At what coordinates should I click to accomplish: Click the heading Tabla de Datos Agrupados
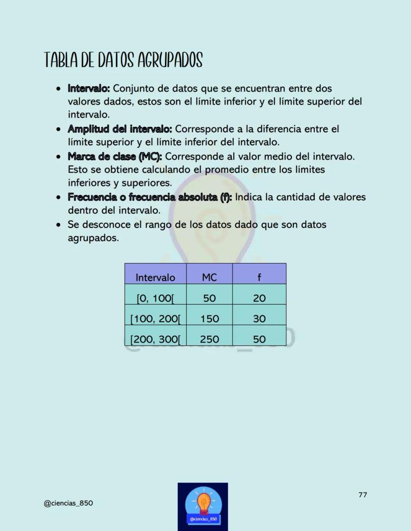(124, 61)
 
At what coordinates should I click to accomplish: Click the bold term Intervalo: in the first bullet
(88, 89)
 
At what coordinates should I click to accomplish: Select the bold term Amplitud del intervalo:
(120, 129)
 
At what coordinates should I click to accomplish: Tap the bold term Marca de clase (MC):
(115, 157)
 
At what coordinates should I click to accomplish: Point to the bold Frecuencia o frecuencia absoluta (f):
(150, 197)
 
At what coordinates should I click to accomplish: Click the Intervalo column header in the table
(155, 278)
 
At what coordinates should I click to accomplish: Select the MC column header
(209, 278)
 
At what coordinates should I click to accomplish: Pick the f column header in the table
(259, 278)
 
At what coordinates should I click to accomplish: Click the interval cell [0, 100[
(155, 298)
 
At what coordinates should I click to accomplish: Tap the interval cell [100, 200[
(155, 319)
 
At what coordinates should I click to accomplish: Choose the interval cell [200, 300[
(155, 340)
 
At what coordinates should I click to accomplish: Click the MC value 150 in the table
(209, 319)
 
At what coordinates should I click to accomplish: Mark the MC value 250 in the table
(209, 340)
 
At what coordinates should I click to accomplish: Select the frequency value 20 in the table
(259, 298)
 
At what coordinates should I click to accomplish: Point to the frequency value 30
(259, 319)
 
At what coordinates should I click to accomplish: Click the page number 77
(362, 495)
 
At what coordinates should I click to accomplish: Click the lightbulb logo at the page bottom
(203, 506)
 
